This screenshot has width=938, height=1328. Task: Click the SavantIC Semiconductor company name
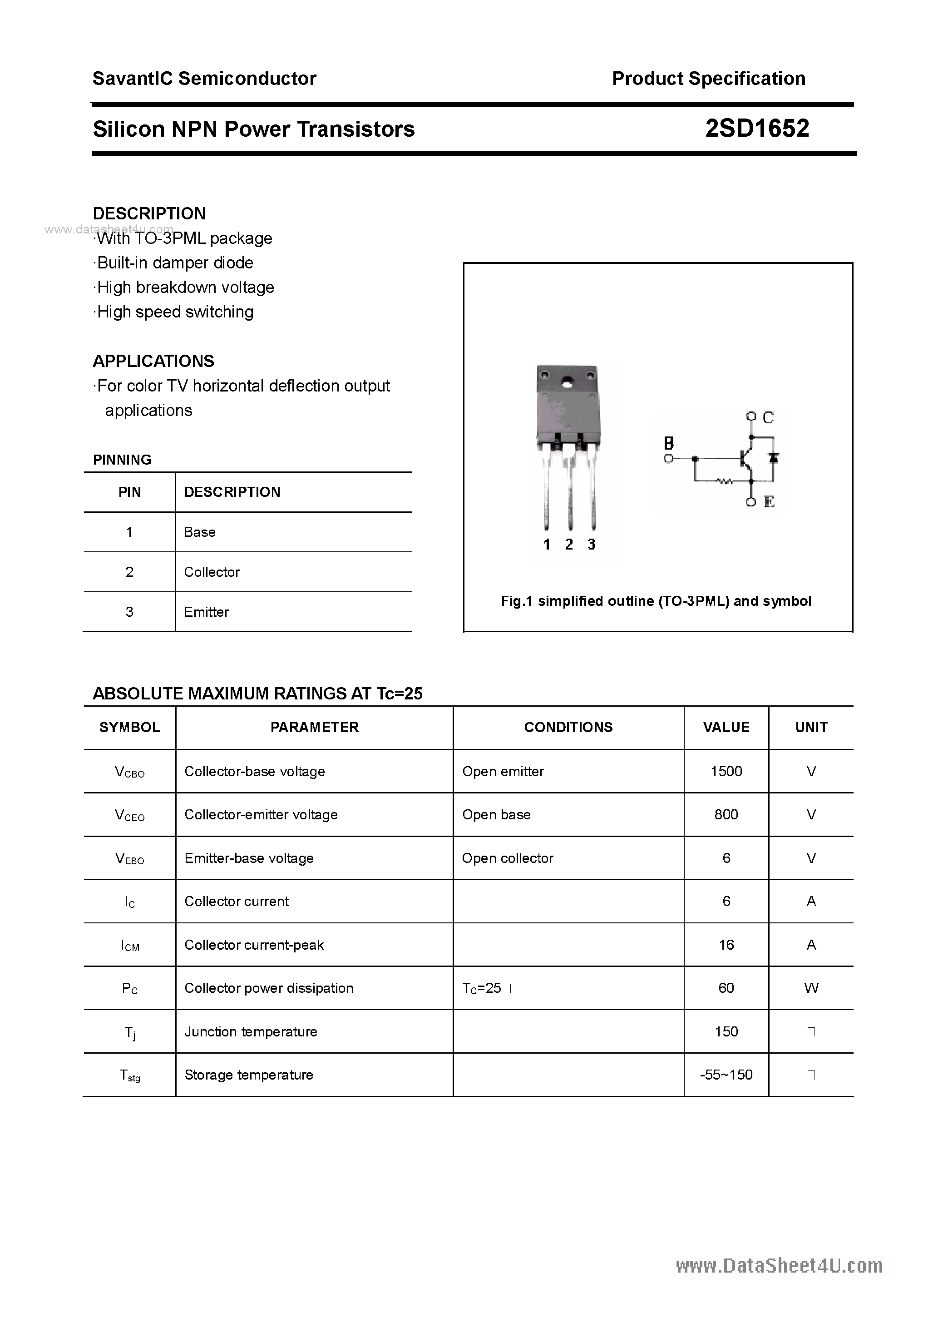204,79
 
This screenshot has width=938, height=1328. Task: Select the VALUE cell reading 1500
726,771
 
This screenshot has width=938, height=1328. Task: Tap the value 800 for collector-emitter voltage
726,814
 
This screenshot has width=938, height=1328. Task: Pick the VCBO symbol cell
129,772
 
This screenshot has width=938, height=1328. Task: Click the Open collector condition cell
507,858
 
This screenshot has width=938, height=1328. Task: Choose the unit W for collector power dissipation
811,988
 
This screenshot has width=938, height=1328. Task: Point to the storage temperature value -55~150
726,1075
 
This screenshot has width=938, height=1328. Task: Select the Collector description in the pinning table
212,572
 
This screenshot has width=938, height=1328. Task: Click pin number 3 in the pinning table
129,612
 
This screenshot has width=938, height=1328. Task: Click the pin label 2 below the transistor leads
569,544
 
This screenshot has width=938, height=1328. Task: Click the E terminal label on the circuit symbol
769,501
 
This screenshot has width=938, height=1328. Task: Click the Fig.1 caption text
656,601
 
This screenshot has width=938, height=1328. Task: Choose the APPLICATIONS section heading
153,361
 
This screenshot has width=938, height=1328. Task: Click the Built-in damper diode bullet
174,263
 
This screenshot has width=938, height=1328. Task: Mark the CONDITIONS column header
568,727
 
